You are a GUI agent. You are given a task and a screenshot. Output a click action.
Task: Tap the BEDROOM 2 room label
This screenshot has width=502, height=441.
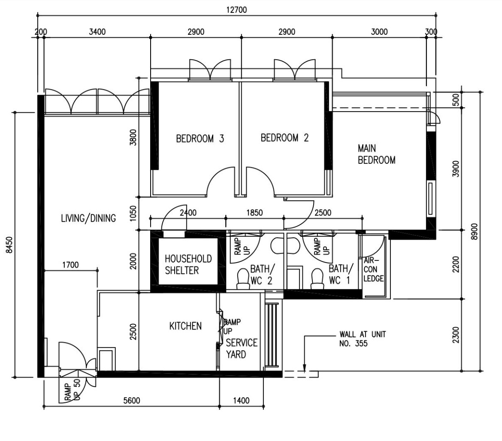click(284, 138)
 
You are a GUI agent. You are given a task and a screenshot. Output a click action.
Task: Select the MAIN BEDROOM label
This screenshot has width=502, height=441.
click(376, 154)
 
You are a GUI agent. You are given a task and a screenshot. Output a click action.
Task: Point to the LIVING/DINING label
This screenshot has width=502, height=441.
click(88, 218)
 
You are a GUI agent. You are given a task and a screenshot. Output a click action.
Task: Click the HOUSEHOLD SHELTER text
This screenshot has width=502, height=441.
click(182, 265)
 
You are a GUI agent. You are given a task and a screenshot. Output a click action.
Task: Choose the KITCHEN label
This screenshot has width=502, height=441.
click(185, 326)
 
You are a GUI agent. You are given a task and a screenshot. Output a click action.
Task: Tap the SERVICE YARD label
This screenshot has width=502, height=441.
click(242, 348)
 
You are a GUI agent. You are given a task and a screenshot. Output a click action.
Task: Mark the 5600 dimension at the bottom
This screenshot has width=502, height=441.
click(131, 401)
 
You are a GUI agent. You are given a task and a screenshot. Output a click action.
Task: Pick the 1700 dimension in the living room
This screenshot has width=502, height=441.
click(70, 265)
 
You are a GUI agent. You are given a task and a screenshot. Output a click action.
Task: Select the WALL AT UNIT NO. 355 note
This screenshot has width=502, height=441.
click(362, 338)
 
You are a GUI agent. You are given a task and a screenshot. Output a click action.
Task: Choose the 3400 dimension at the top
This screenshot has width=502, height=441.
click(97, 32)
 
